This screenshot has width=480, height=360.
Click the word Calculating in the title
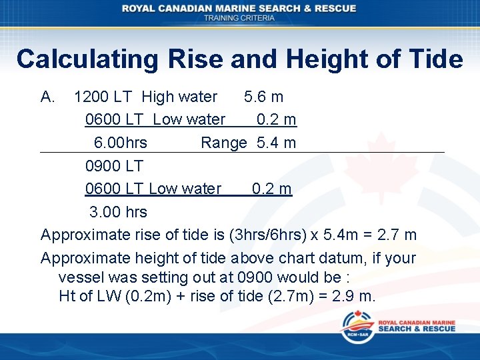pos(87,59)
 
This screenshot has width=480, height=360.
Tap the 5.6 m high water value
pos(263,97)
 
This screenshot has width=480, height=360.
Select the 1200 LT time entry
pos(103,97)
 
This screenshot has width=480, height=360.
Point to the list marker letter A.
pos(48,97)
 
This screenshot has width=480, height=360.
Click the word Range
pos(224,143)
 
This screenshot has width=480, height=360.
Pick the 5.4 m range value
pos(277,143)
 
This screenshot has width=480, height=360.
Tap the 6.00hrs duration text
pos(121,143)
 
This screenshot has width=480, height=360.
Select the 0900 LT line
pos(114,165)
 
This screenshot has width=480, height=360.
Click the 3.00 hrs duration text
pos(119,212)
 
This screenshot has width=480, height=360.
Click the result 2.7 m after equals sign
pos(397,235)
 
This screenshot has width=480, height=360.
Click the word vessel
pos(80,277)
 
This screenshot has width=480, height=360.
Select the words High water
pos(179,97)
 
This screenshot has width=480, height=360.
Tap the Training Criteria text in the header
pos(239,18)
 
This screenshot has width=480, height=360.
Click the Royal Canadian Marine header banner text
pos(239,9)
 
